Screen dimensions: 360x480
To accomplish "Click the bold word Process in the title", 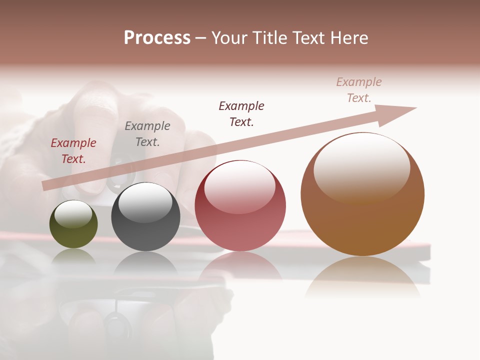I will coord(157,38).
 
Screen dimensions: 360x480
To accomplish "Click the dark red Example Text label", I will coord(73,151).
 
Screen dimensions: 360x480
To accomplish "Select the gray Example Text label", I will coord(147,134).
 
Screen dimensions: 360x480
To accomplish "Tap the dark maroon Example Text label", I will coord(241,114).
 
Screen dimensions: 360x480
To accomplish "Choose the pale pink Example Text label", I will coord(359,90).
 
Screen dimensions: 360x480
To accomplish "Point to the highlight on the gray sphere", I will coord(145,202).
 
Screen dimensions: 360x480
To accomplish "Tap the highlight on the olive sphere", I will coord(73,213).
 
